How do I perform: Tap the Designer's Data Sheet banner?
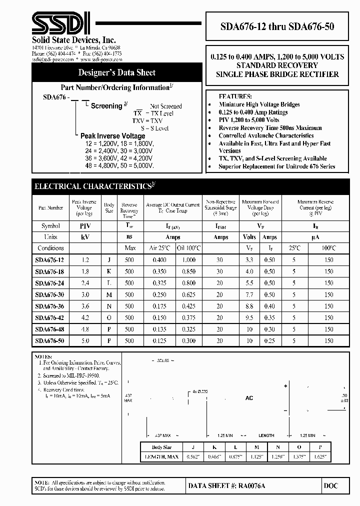pyautogui.click(x=117, y=73)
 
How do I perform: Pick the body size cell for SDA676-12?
pyautogui.click(x=109, y=260)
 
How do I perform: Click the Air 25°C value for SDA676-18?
pyautogui.click(x=159, y=272)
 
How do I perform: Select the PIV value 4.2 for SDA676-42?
pyautogui.click(x=85, y=318)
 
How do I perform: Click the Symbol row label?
pyautogui.click(x=50, y=226)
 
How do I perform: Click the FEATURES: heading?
pyautogui.click(x=235, y=96)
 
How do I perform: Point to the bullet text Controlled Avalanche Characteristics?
pyautogui.click(x=266, y=135)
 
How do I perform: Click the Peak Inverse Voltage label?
pyautogui.click(x=113, y=136)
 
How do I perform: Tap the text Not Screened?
pyautogui.click(x=166, y=106)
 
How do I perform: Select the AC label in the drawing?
pyautogui.click(x=249, y=398)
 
